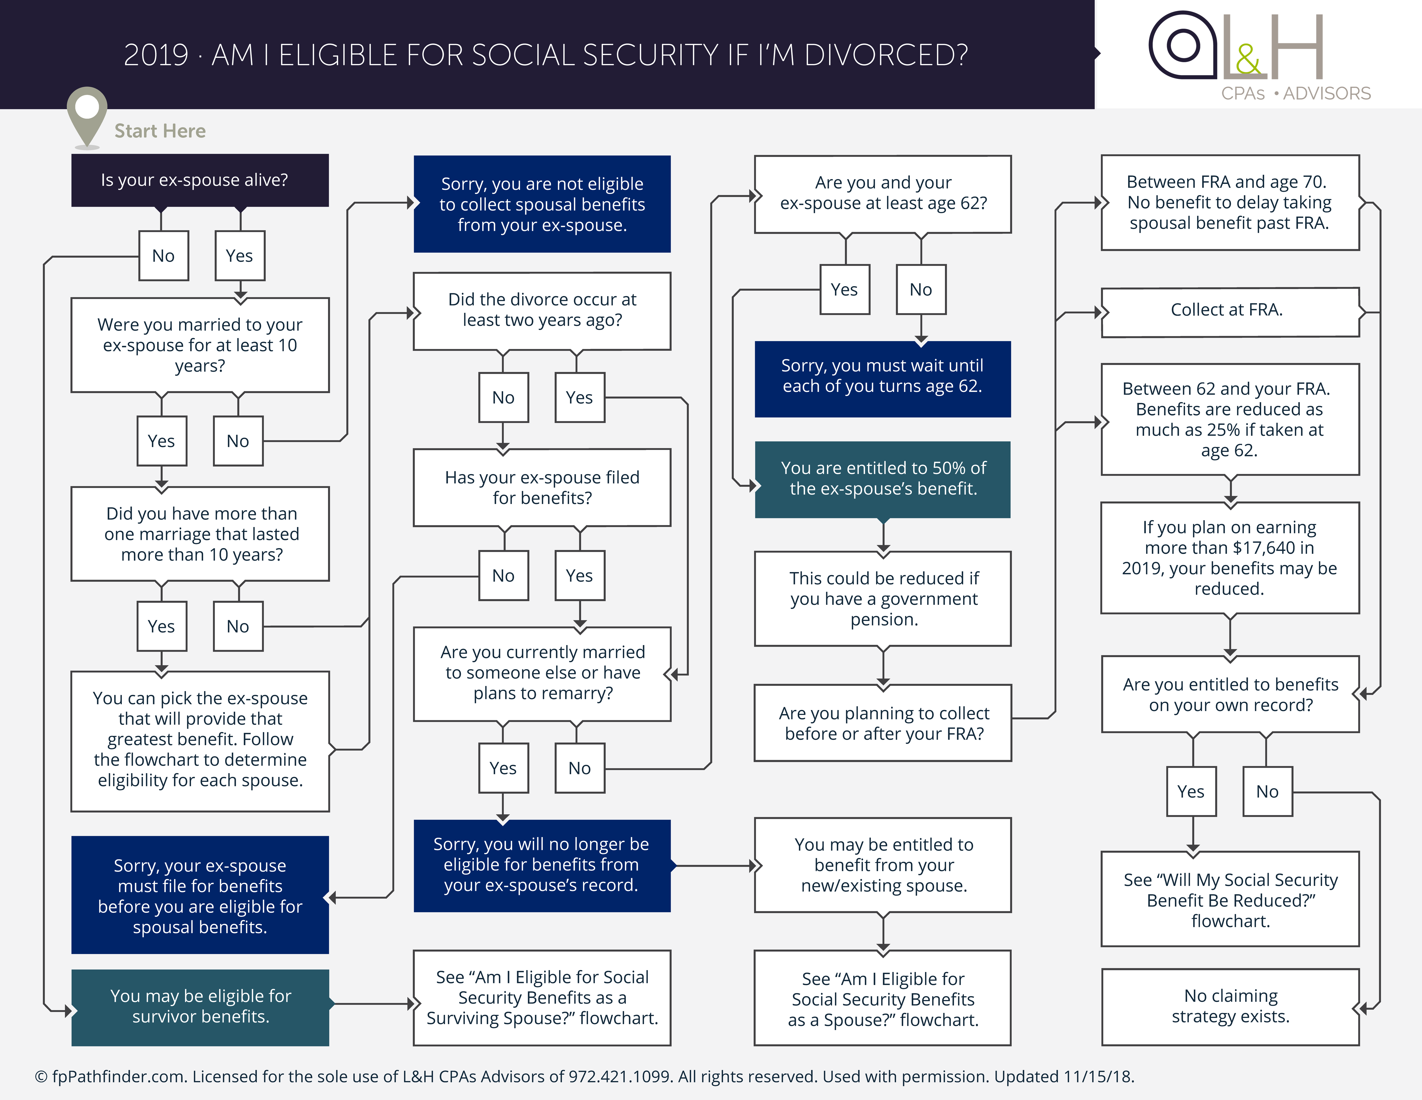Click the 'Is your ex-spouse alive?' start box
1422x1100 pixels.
click(200, 180)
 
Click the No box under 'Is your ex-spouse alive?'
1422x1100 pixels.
click(164, 256)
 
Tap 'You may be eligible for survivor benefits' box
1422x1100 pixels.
click(200, 1006)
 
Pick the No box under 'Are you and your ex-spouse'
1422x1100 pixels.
click(921, 290)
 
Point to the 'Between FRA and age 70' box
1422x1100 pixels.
click(1229, 202)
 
